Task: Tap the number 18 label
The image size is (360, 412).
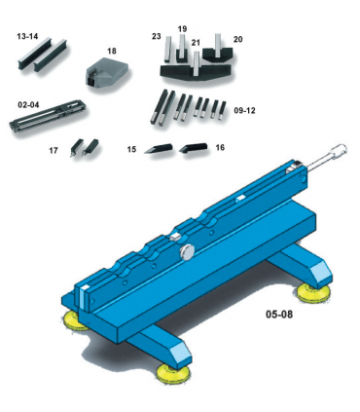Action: pyautogui.click(x=111, y=50)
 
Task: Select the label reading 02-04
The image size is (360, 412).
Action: pyautogui.click(x=27, y=102)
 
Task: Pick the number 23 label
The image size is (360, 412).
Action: pyautogui.click(x=156, y=36)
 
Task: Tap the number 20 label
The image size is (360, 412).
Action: pyautogui.click(x=237, y=39)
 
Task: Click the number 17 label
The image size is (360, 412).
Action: pyautogui.click(x=54, y=151)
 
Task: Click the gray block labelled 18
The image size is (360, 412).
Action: pyautogui.click(x=104, y=72)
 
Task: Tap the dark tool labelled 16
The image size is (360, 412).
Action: pyautogui.click(x=192, y=148)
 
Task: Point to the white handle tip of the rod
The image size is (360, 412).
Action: pyautogui.click(x=337, y=152)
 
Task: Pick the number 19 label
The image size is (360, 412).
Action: pyautogui.click(x=182, y=29)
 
